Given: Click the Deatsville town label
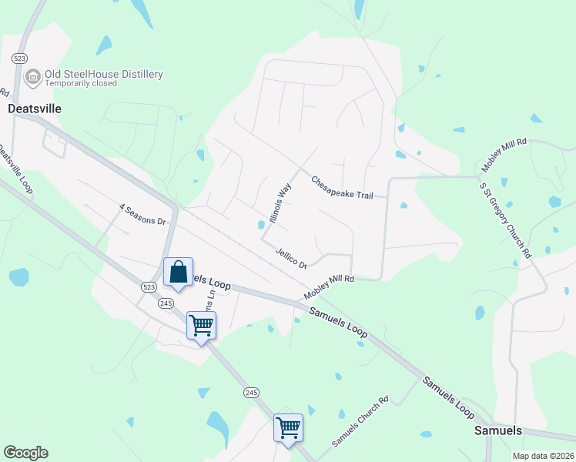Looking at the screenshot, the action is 35,109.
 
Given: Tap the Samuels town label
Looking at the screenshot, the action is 497,430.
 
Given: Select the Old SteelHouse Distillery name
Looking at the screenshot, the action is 104,74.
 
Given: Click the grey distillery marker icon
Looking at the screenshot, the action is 33,76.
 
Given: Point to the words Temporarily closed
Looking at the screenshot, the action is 81,84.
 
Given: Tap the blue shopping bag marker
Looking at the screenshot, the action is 178,273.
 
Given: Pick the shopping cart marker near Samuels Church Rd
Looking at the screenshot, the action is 288,427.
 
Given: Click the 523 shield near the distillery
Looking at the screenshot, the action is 21,59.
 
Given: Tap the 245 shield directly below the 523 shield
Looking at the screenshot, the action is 166,303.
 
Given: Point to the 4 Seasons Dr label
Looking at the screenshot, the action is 142,214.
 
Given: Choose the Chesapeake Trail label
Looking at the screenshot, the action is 342,188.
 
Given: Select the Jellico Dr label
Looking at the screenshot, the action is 292,258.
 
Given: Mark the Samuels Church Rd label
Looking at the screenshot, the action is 360,422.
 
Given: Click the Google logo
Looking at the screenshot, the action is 25,453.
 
